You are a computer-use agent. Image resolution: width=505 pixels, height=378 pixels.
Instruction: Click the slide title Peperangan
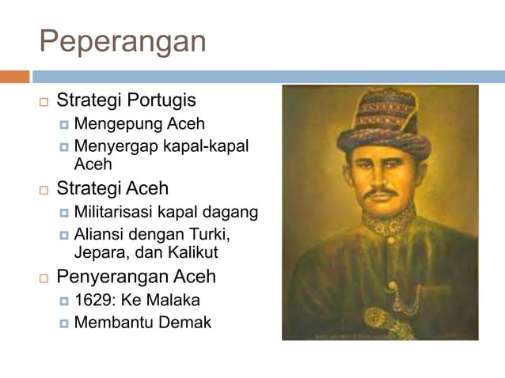click(123, 41)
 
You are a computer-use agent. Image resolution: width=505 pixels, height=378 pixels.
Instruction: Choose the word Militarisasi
click(118, 212)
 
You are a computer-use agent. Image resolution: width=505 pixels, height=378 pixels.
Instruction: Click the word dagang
click(234, 212)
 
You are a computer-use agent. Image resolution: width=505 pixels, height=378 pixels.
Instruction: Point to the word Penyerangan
click(112, 277)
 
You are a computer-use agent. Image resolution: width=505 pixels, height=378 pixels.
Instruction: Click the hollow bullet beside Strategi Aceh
click(44, 190)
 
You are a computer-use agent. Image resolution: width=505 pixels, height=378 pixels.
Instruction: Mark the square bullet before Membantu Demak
click(65, 323)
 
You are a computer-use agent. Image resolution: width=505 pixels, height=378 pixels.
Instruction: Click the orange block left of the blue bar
click(14, 77)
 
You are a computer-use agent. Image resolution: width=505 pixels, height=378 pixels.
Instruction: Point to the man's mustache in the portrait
click(382, 192)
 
